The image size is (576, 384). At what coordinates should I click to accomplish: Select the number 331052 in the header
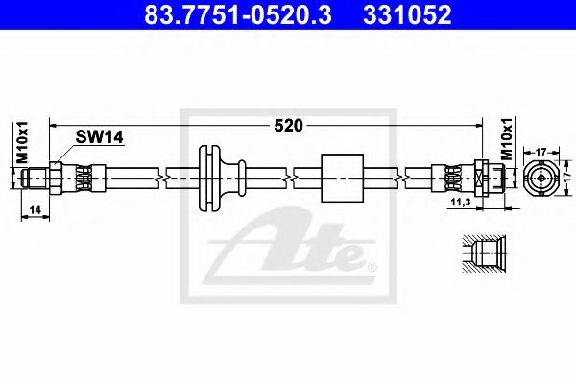pos(405,15)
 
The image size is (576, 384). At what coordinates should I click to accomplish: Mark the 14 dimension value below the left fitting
pos(36,209)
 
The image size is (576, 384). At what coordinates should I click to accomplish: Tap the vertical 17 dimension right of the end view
pos(567,178)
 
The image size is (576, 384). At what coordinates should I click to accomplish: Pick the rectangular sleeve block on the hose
pos(339,178)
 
